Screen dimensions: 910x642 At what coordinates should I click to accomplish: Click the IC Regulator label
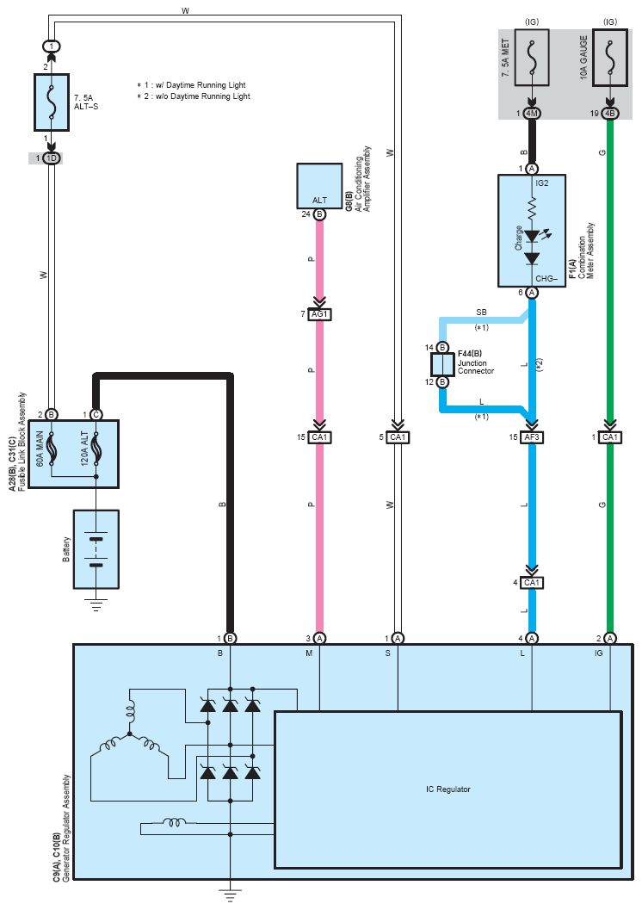pyautogui.click(x=448, y=789)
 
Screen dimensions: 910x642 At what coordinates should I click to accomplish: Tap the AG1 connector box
pyautogui.click(x=319, y=315)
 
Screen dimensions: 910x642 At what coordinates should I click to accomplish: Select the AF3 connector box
pyautogui.click(x=532, y=437)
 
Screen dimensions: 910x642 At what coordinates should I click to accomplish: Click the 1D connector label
pyautogui.click(x=51, y=158)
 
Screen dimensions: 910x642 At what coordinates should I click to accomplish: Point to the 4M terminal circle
pyautogui.click(x=532, y=113)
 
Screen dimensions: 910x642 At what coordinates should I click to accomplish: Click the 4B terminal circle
pyautogui.click(x=610, y=113)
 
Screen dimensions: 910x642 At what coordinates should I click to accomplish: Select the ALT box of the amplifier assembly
pyautogui.click(x=318, y=186)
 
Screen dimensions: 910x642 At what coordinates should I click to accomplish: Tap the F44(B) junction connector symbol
pyautogui.click(x=441, y=364)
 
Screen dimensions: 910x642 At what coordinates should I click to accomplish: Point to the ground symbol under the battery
pyautogui.click(x=96, y=605)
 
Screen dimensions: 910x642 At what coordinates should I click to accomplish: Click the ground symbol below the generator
pyautogui.click(x=230, y=896)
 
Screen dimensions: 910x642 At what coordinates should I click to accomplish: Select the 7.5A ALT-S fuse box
pyautogui.click(x=51, y=101)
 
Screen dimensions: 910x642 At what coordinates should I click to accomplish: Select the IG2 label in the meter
pyautogui.click(x=542, y=183)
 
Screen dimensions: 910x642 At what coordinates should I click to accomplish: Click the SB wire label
pyautogui.click(x=481, y=311)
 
